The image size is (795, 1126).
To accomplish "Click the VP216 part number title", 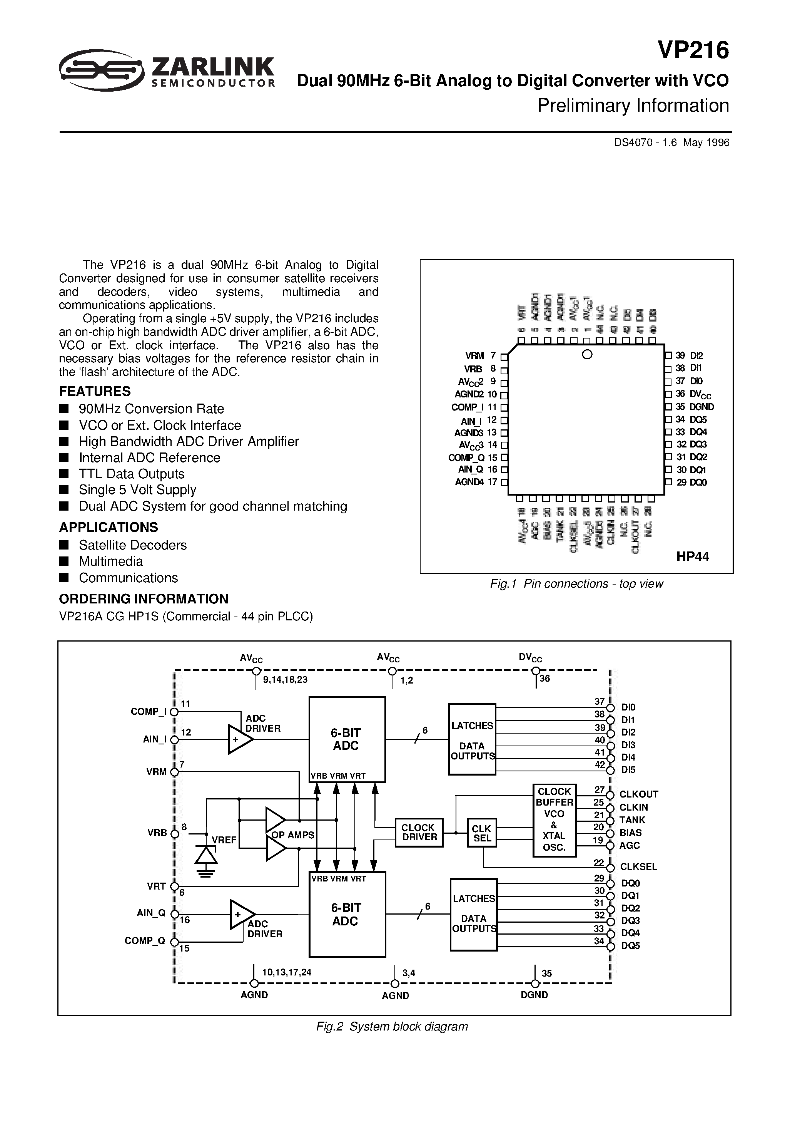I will tap(693, 50).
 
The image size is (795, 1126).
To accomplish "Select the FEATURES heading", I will tap(95, 391).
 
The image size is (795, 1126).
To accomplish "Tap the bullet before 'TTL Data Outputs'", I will tap(64, 474).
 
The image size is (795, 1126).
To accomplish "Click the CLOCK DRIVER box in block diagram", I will tap(419, 832).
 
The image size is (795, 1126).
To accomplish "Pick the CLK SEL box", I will tap(482, 833).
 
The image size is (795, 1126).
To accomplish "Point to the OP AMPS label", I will tap(292, 835).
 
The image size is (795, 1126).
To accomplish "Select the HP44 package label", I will tap(693, 556).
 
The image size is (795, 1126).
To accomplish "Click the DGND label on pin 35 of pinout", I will tap(701, 407).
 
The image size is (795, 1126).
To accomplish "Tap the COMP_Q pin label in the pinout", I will tap(466, 457).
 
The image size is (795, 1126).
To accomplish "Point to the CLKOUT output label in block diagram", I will tap(638, 794).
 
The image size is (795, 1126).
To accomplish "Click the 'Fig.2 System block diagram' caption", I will tap(392, 1026).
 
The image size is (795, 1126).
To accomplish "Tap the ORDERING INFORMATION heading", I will tap(144, 599).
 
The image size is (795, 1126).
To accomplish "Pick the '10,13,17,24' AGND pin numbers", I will tap(287, 972).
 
